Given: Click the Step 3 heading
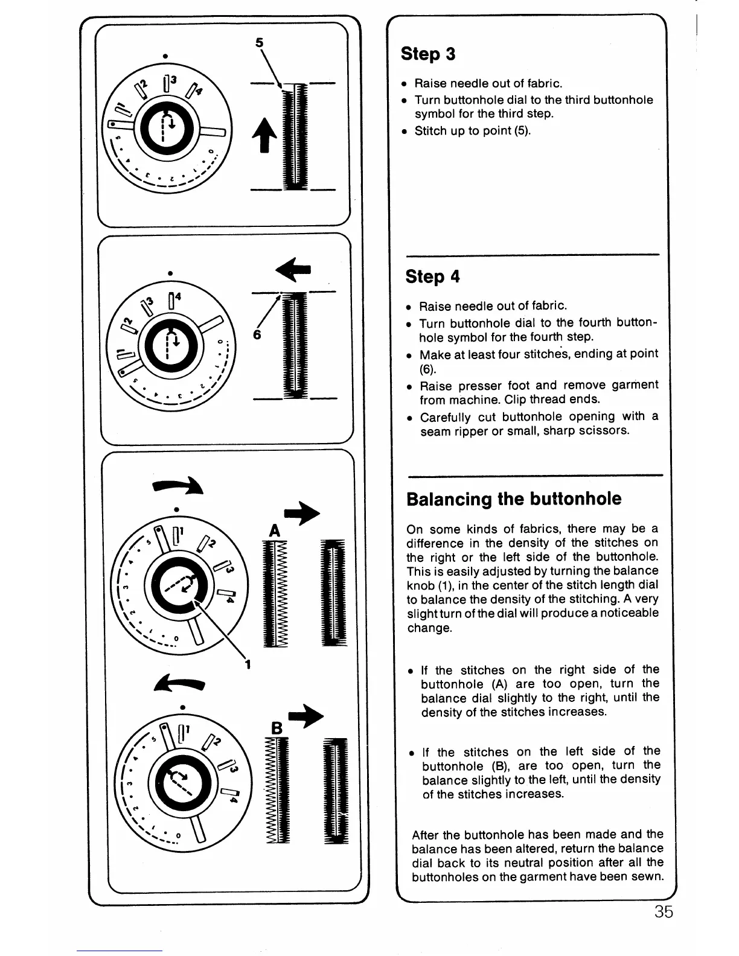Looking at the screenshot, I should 428,54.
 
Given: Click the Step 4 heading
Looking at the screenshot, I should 432,276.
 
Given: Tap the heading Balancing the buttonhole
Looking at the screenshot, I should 514,499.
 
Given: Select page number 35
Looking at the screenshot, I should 663,911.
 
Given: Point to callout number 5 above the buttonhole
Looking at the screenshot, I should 260,43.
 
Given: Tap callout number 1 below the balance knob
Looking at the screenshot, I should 248,665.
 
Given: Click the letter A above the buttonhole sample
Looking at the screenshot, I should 275,531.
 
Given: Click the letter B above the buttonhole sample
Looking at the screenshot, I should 277,728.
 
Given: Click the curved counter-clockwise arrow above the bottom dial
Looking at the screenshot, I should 180,684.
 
